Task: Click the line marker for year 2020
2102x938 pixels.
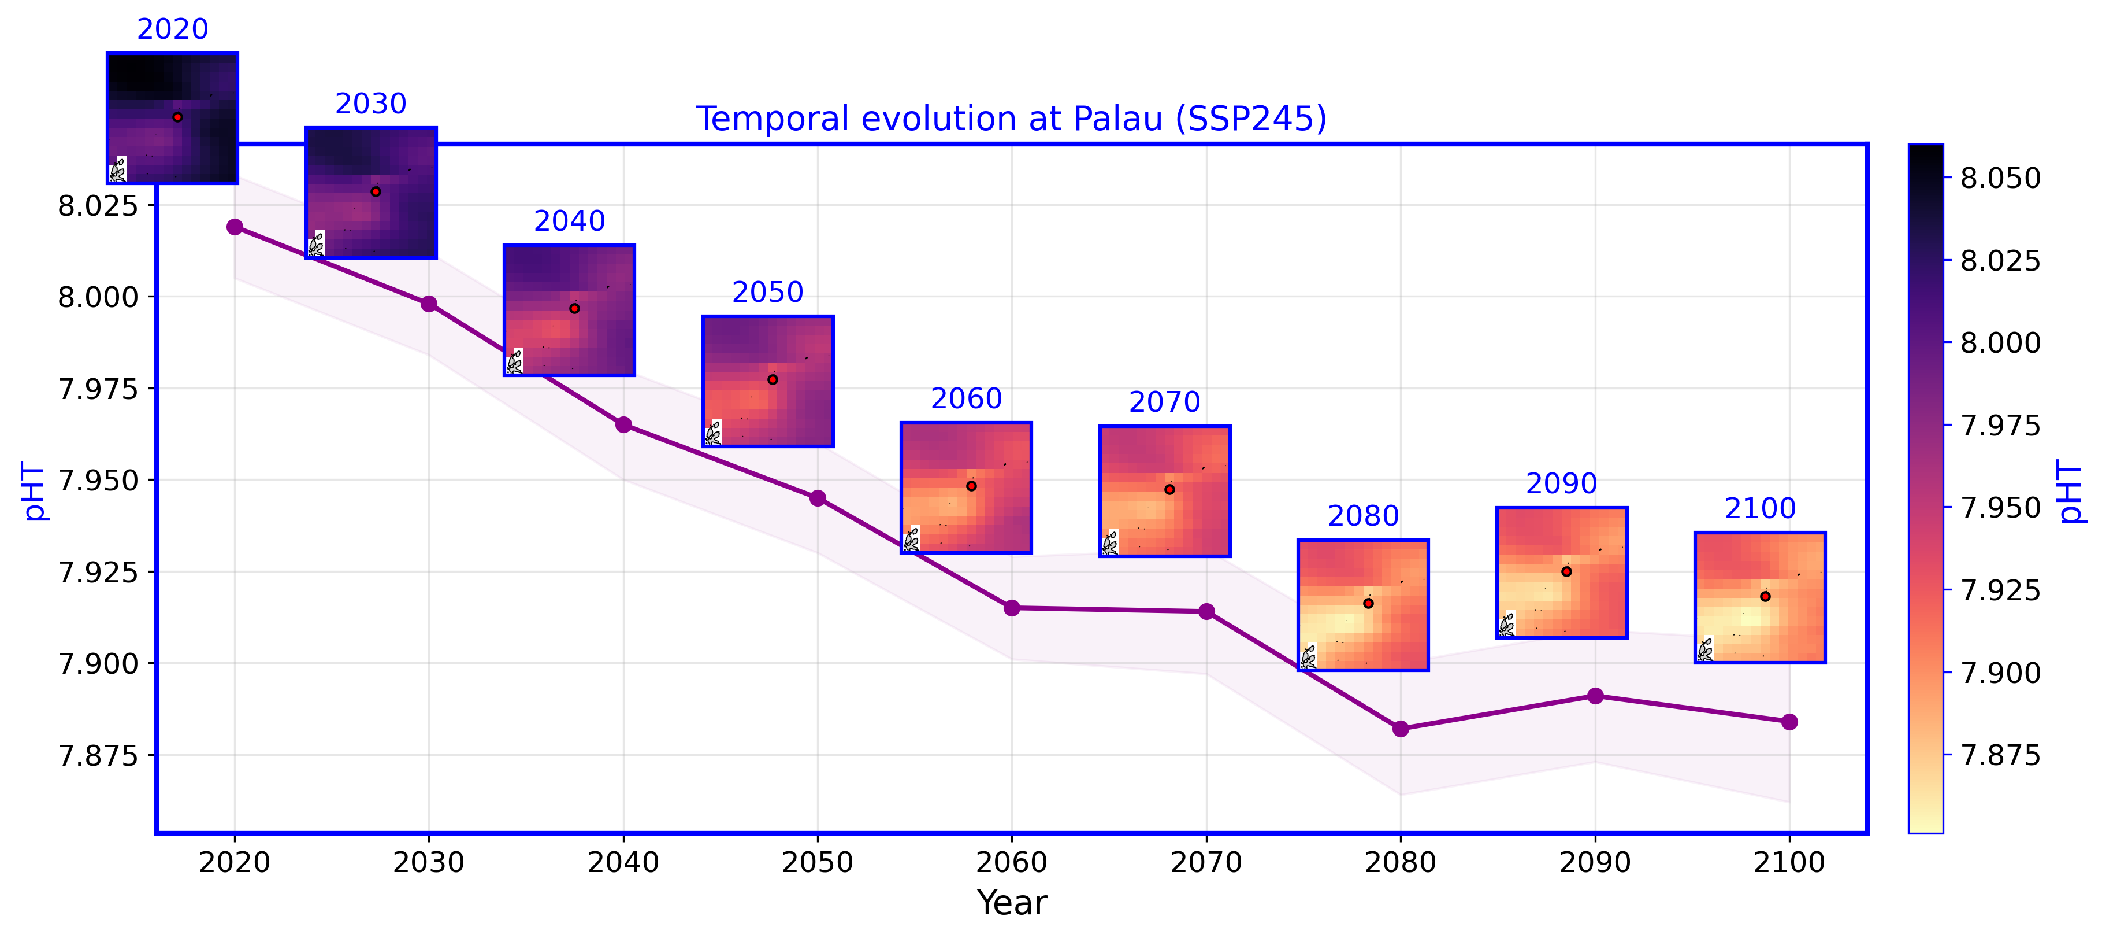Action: tap(235, 226)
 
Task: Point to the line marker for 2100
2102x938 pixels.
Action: tap(1789, 722)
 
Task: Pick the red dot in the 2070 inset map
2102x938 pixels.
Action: tap(1169, 489)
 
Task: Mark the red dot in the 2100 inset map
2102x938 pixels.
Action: tap(1765, 596)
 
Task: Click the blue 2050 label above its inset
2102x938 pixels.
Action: tap(767, 291)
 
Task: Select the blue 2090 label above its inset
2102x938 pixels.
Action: tap(1561, 483)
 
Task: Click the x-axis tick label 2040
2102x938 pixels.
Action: tap(623, 862)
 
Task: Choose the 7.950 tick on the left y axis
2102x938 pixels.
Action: tap(98, 480)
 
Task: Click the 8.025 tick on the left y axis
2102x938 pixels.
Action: tap(98, 205)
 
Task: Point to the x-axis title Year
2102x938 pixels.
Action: tap(1012, 903)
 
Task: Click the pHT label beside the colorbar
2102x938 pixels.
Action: tap(2073, 490)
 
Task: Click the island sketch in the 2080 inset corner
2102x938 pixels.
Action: tap(1308, 656)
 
